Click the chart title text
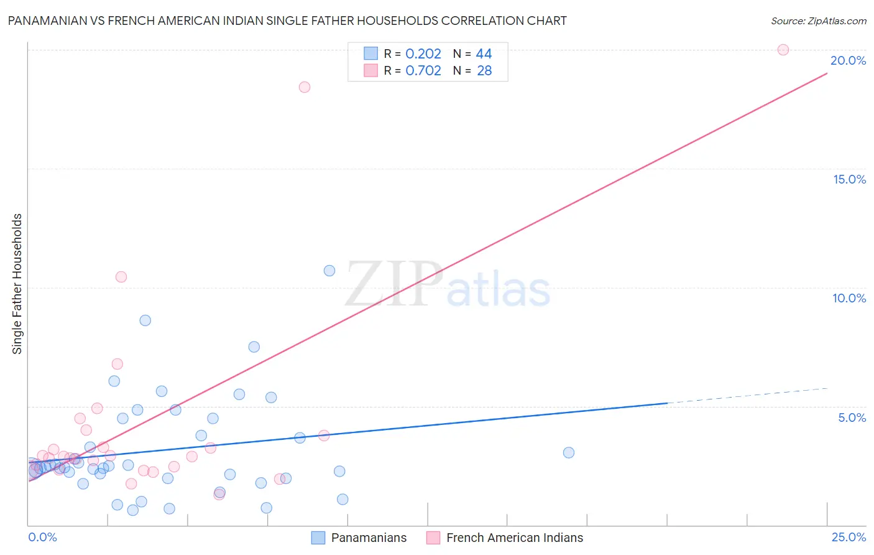[x=287, y=21]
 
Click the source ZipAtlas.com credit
[x=818, y=21]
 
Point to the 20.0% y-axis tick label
[x=848, y=60]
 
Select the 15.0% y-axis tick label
[x=849, y=179]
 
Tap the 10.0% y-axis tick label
[x=849, y=298]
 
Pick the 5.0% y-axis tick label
[x=852, y=417]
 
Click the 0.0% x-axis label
[x=42, y=537]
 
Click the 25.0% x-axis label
[x=849, y=537]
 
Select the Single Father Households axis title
[x=17, y=284]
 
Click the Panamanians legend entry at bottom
[x=368, y=538]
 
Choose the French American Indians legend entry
[x=514, y=538]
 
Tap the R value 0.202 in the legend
[x=423, y=54]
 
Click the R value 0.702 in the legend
[x=423, y=71]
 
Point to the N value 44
[x=484, y=54]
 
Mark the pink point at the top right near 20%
[x=783, y=50]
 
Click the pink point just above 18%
[x=305, y=87]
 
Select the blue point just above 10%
[x=329, y=271]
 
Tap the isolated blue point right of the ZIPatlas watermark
[x=568, y=452]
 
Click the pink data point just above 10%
[x=121, y=277]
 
